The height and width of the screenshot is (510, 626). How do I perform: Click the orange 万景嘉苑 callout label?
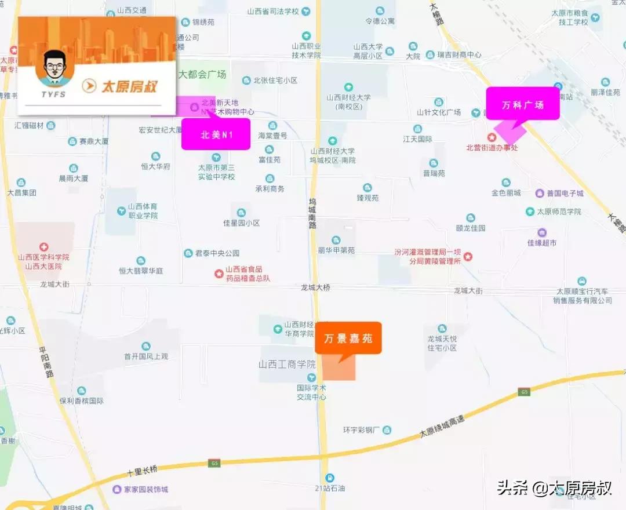pos(348,338)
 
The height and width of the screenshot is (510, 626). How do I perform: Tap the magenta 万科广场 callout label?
pos(523,104)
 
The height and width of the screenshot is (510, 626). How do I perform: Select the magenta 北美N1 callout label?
pos(216,134)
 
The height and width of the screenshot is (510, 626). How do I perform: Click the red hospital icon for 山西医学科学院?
pos(44,246)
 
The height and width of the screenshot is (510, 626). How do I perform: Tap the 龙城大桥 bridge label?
pos(315,287)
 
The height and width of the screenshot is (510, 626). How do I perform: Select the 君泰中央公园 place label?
pos(217,253)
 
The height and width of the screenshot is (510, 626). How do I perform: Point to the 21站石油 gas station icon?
pos(330,478)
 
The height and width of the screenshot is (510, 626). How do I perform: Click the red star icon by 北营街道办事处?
pos(492,137)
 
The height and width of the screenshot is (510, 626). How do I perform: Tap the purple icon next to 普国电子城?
pos(540,193)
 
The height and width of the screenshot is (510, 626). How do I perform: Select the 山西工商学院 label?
pos(287,365)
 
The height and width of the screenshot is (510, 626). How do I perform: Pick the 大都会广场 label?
pos(202,75)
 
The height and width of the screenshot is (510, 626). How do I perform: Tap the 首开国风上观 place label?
pos(145,356)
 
